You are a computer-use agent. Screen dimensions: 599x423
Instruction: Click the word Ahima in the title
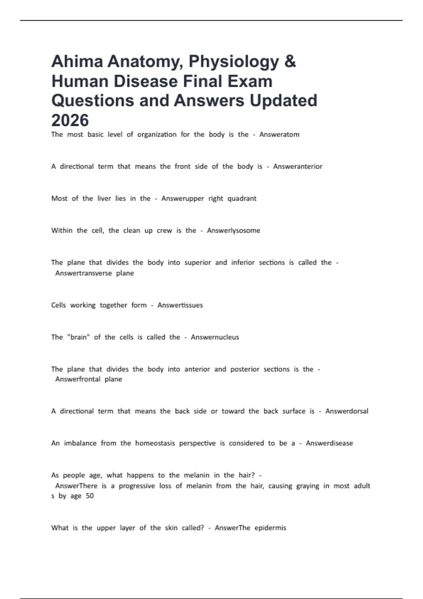click(77, 62)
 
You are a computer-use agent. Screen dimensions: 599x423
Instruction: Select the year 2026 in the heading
click(70, 121)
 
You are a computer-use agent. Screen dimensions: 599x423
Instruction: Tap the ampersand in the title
click(290, 62)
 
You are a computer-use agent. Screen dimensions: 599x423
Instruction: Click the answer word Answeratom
click(279, 135)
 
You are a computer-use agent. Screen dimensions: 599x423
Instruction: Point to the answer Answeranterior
click(298, 167)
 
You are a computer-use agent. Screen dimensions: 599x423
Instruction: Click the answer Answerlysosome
click(233, 231)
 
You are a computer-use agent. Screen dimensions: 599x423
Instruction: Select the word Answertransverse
click(84, 273)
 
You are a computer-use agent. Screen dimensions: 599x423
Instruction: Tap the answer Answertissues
click(180, 305)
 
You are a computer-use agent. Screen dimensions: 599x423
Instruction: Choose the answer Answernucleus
click(215, 337)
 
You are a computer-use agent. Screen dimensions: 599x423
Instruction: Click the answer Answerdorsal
click(347, 411)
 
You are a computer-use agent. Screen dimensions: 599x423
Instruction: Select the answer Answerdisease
click(329, 443)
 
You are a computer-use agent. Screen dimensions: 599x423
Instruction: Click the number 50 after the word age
click(90, 496)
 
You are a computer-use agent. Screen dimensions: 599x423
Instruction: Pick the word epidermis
click(270, 528)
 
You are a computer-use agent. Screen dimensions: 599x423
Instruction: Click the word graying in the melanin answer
click(307, 486)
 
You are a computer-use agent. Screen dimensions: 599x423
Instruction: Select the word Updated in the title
click(283, 101)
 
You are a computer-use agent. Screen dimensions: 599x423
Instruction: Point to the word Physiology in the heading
click(234, 62)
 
